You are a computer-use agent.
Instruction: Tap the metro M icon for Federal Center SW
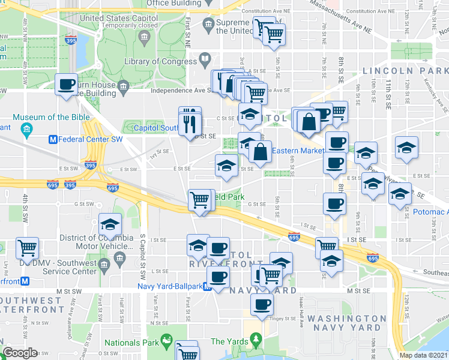(52, 140)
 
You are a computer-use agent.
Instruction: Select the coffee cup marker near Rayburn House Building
(66, 83)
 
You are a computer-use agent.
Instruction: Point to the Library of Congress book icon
(205, 60)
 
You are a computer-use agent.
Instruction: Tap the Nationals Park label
(130, 343)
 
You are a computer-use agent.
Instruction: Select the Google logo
(20, 353)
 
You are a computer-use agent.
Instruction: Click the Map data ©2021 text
(424, 355)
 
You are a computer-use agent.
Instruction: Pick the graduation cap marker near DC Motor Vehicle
(110, 224)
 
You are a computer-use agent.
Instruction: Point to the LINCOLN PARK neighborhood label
(405, 71)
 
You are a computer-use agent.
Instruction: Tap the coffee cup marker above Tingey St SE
(261, 305)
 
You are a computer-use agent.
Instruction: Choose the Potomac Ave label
(430, 212)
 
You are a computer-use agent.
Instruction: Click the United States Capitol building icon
(145, 38)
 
